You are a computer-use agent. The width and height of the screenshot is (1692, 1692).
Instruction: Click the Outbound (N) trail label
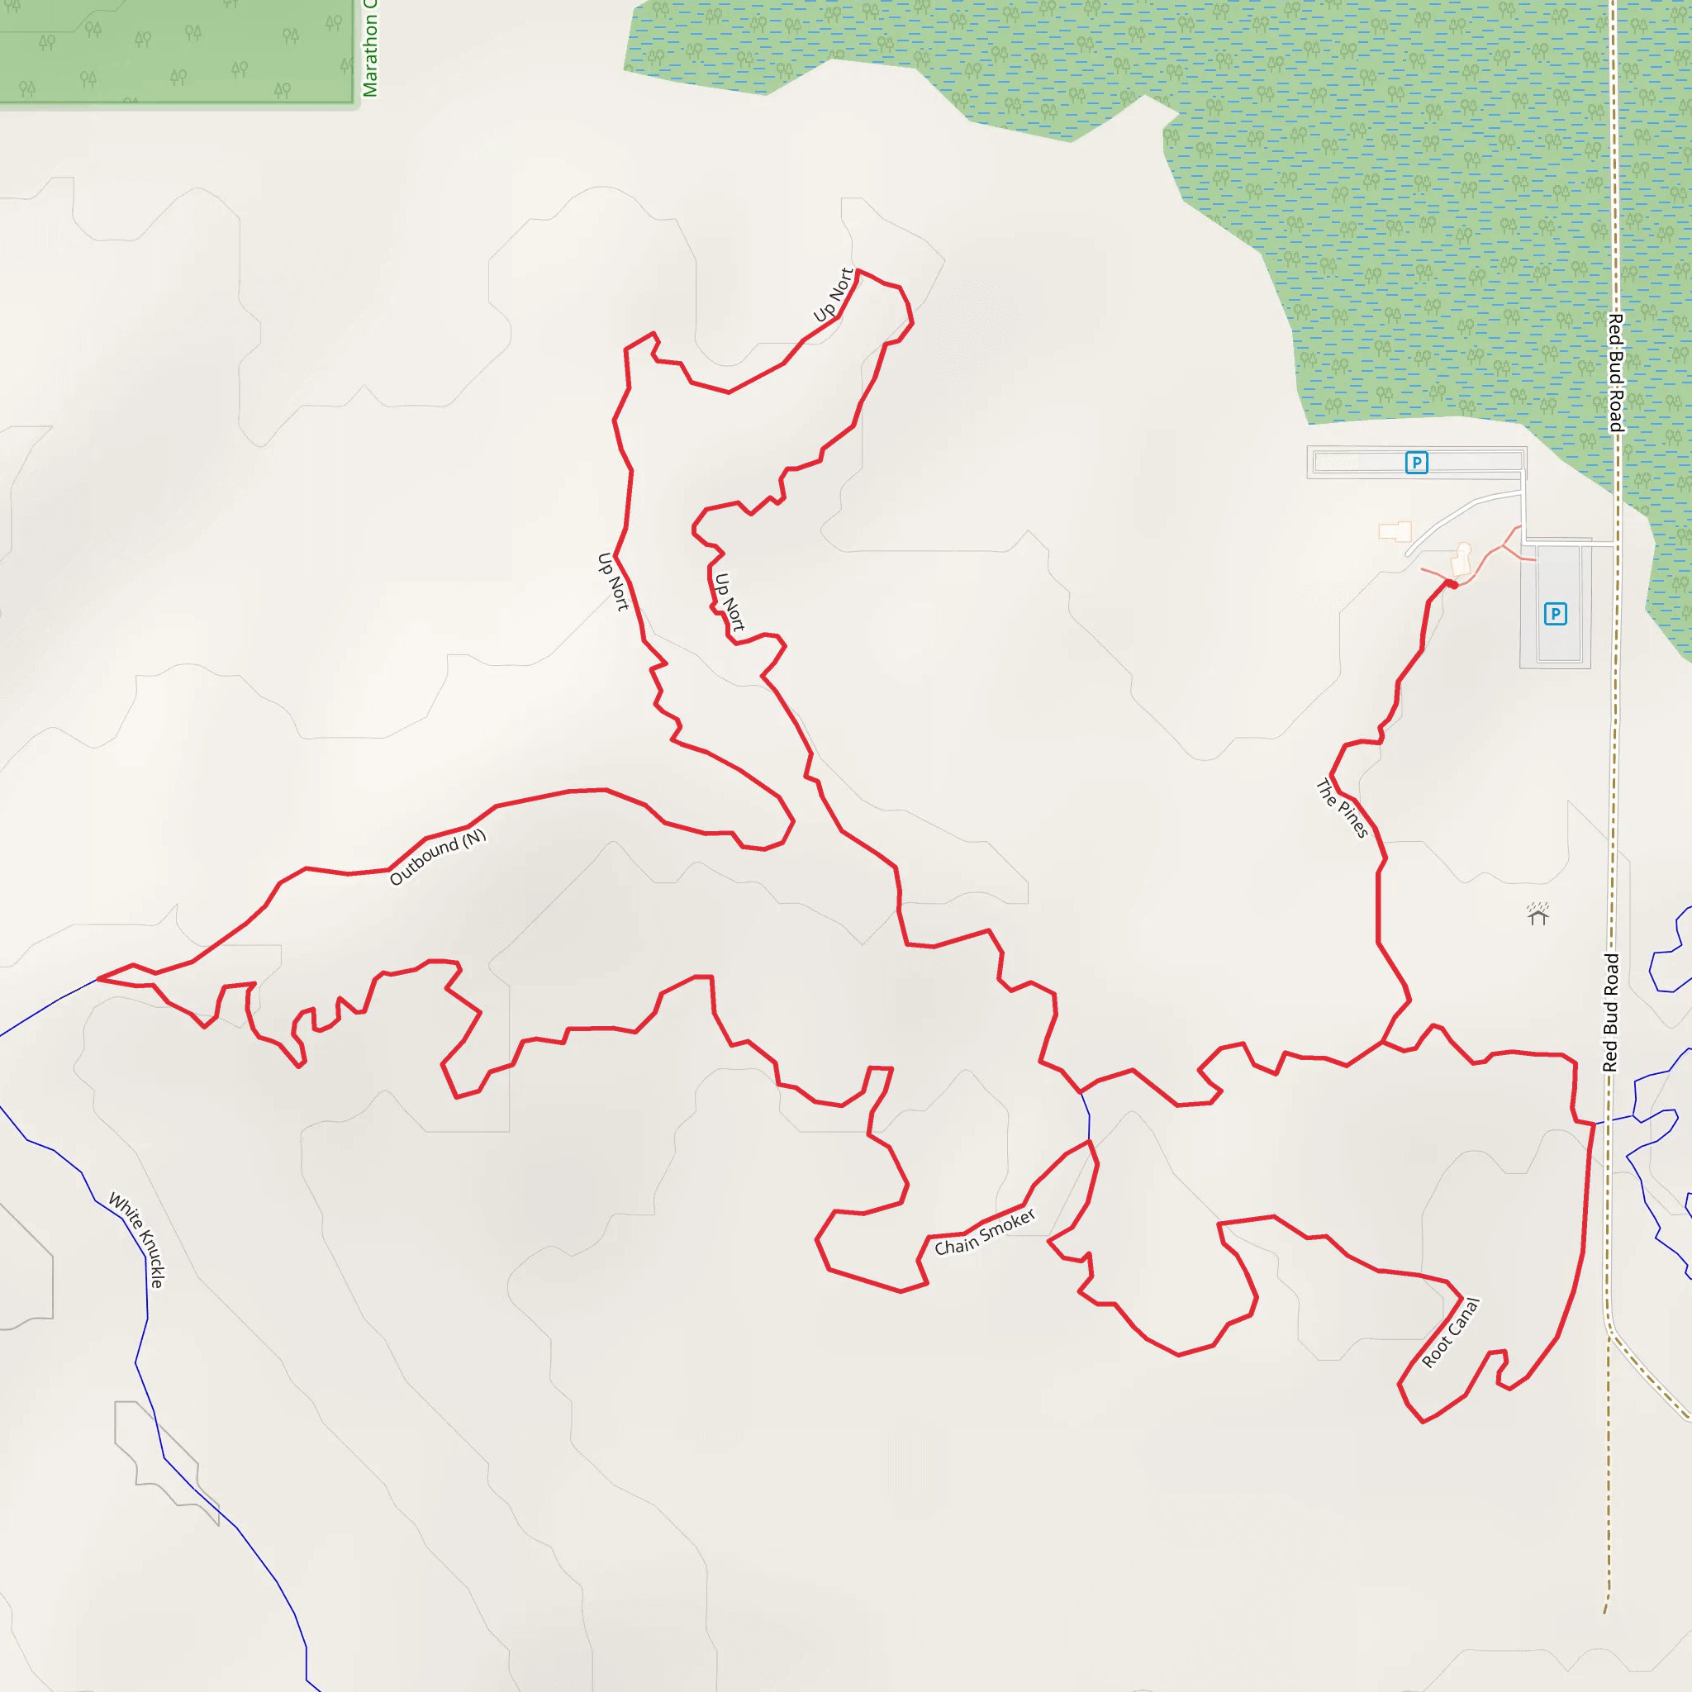437,858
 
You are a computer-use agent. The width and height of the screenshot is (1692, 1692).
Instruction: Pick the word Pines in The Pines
1353,820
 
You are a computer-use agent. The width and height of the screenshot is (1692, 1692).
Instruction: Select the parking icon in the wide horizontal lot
1416,463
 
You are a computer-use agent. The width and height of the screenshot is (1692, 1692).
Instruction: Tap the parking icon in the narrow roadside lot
1555,614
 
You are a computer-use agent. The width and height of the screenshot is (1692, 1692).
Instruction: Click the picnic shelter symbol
1538,915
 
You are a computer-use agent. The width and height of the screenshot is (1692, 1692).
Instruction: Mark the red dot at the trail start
1451,584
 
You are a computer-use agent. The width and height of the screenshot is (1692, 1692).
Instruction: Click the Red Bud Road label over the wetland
1616,373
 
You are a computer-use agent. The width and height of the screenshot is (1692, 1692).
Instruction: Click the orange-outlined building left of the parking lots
1395,531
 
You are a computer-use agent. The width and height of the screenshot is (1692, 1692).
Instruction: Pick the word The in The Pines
1327,791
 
